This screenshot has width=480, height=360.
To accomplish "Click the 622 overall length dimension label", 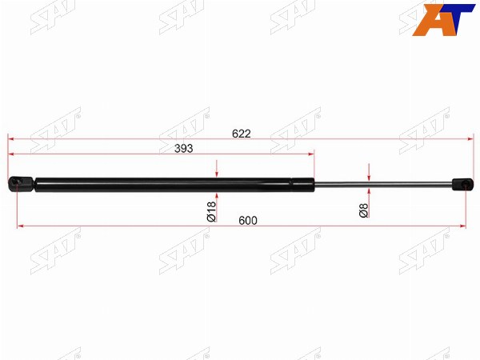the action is [242, 134].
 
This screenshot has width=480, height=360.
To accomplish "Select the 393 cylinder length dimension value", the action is [184, 149].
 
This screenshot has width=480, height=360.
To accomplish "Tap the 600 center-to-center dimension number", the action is [248, 221].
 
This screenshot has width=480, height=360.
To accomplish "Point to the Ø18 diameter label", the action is [211, 211].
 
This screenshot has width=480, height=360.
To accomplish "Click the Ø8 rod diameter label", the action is [364, 210].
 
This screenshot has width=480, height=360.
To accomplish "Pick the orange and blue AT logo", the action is [443, 20].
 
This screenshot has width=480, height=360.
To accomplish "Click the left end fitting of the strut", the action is [21, 184].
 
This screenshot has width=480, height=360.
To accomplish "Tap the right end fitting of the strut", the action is [462, 185].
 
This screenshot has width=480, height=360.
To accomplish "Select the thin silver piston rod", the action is [383, 184].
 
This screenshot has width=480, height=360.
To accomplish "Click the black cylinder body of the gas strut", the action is [174, 185].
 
